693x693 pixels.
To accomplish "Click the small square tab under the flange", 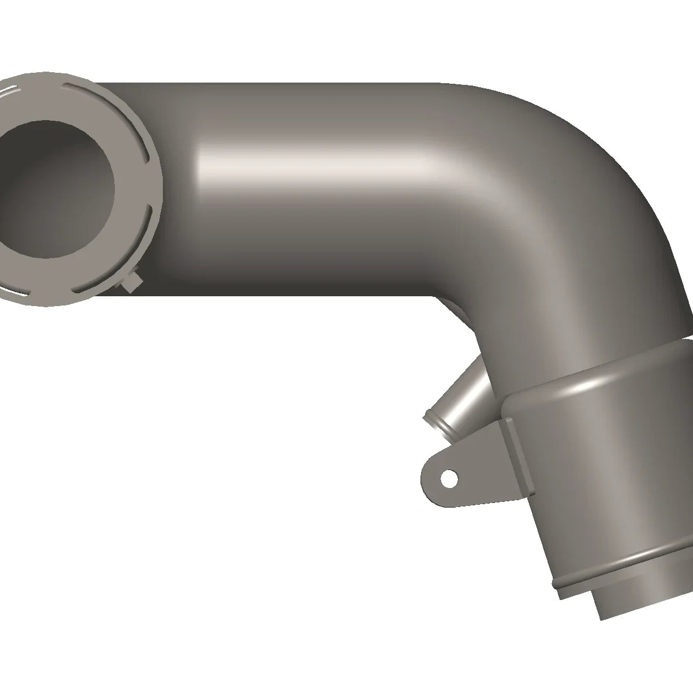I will point(132,284).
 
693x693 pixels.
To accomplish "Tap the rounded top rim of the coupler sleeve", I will point(595,375).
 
